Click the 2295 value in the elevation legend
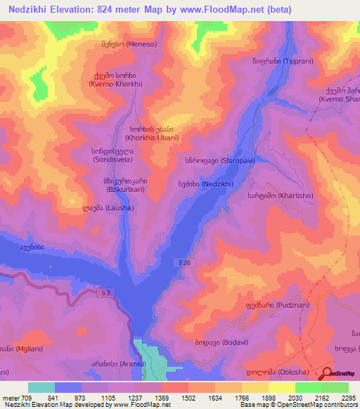pyautogui.click(x=345, y=398)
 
